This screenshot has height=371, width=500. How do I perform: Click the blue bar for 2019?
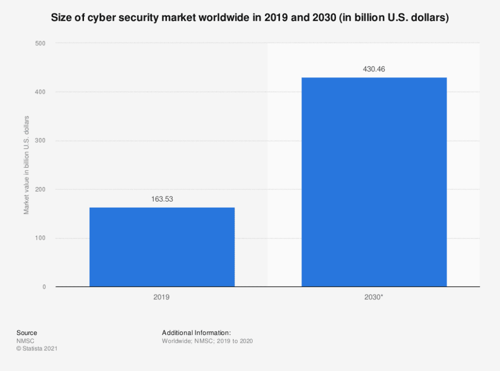(x=162, y=247)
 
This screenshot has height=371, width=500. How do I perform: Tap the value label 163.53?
(x=162, y=198)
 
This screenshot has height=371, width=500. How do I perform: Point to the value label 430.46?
(x=374, y=69)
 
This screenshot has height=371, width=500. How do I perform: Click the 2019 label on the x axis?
(x=162, y=297)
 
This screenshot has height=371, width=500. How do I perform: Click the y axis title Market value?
(x=26, y=165)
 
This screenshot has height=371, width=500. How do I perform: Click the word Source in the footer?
(x=27, y=333)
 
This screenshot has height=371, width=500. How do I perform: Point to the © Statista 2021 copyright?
(x=37, y=349)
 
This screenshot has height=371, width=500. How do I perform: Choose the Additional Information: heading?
(x=196, y=333)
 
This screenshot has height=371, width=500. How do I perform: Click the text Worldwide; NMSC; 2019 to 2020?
(x=207, y=341)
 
